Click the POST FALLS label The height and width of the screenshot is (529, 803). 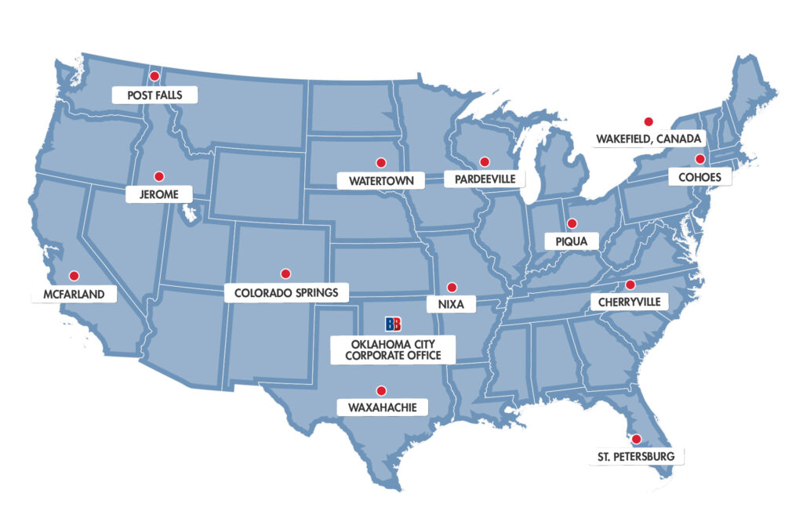(x=154, y=96)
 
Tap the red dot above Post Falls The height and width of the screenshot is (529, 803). (x=154, y=76)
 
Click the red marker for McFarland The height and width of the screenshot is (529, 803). (x=74, y=275)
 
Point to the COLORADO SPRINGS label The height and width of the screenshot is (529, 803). (x=285, y=293)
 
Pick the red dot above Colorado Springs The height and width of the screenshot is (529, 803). (x=285, y=274)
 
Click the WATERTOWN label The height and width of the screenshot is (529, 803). (x=380, y=181)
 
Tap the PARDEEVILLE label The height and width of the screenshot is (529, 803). (x=485, y=179)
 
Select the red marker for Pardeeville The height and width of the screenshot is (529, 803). (x=485, y=161)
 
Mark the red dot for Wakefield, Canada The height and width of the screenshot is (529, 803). (x=648, y=121)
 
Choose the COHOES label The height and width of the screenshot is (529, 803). (x=699, y=178)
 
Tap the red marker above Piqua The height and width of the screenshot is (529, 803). (x=572, y=223)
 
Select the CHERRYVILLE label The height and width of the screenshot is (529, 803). (x=630, y=302)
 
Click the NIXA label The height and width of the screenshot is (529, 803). (x=451, y=302)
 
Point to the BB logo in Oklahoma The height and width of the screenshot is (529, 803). (x=393, y=324)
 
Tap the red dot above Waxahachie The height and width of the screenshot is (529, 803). (x=381, y=390)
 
